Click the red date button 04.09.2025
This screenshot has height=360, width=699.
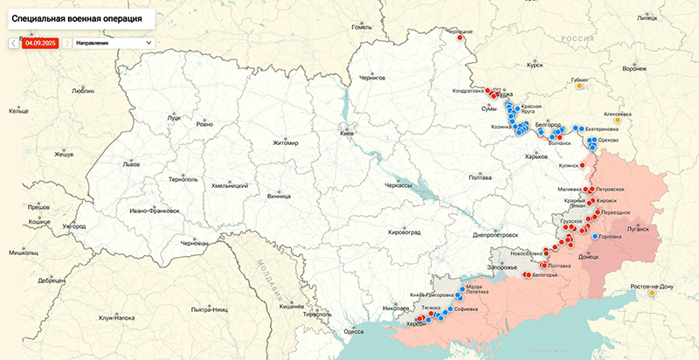(40, 42)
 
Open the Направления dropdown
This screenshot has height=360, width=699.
(113, 42)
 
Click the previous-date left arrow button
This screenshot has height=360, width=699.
(12, 42)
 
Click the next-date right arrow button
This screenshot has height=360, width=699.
(67, 42)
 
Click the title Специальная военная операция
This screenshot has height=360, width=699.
(79, 17)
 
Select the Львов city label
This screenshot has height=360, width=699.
(131, 163)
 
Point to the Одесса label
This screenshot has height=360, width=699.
(353, 331)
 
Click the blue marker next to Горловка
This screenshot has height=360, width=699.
(596, 237)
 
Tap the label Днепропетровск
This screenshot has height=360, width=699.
(495, 235)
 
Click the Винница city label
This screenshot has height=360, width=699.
(280, 197)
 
